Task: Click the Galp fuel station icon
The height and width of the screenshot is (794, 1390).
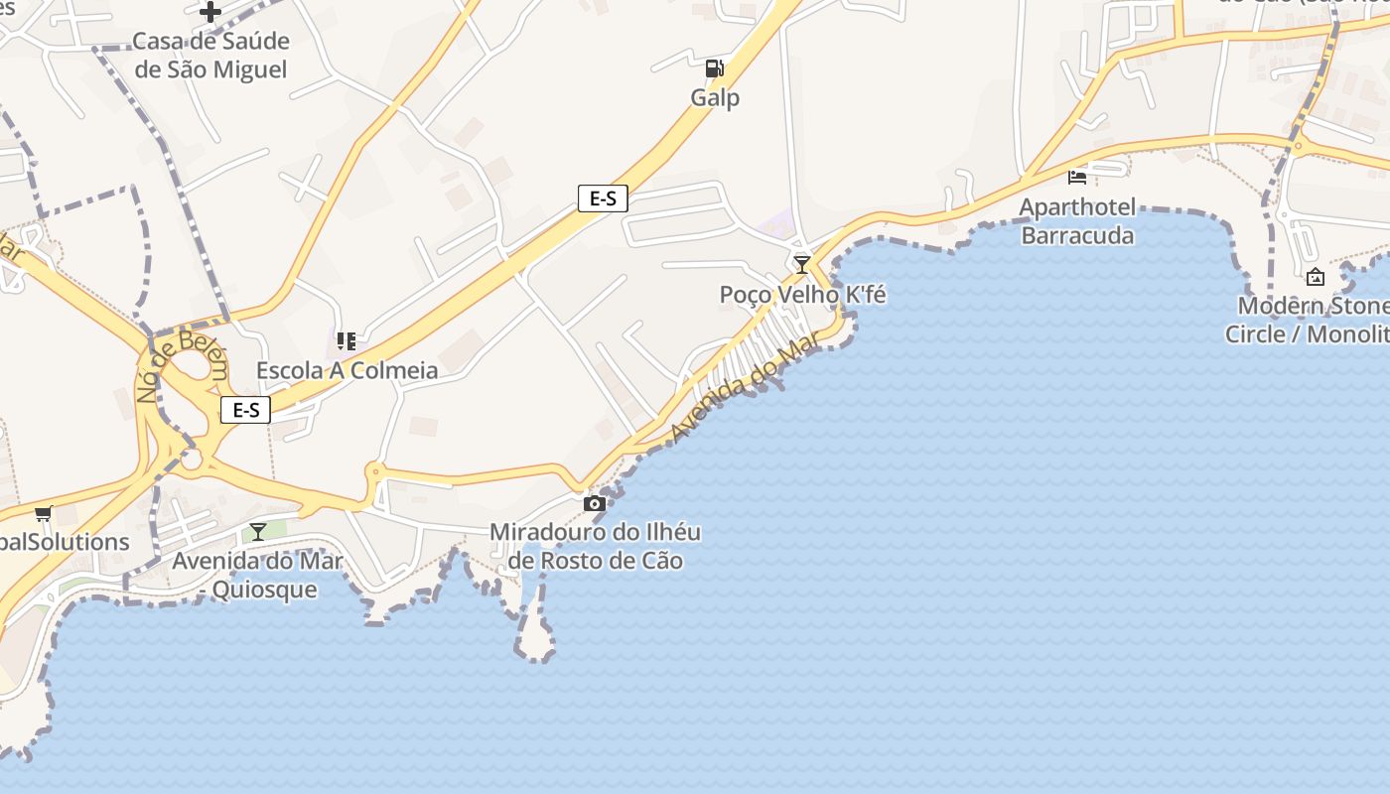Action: coord(714,68)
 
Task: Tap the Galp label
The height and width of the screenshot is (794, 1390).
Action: coord(715,98)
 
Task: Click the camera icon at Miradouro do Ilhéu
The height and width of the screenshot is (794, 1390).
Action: coord(595,503)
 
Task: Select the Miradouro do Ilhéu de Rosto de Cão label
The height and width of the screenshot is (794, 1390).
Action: coord(596,547)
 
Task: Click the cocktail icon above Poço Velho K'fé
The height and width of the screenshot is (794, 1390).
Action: coord(802,264)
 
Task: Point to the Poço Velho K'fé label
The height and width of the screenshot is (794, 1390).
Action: coord(802,295)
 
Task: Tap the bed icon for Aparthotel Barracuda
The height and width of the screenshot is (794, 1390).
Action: coord(1077,177)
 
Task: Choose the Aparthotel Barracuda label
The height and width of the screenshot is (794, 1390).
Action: coord(1077,221)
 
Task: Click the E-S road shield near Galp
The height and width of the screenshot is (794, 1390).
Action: coord(603,198)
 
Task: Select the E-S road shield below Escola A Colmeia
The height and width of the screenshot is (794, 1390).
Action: coord(245,410)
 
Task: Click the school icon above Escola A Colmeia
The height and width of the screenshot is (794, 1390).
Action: coord(347,341)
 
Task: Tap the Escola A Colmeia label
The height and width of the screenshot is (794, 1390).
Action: coord(347,370)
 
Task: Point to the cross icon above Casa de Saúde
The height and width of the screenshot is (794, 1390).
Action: coord(210,12)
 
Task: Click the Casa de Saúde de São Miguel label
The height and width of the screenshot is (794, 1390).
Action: coord(210,56)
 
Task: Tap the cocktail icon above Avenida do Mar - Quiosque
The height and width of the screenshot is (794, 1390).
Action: coord(258,532)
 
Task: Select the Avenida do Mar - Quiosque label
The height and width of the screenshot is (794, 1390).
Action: coord(258,576)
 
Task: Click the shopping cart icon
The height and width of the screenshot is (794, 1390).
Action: coord(43,513)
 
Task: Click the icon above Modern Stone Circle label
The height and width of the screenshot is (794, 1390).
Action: coord(1316,277)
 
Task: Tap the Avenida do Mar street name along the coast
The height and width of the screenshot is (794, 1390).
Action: coord(748,388)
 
